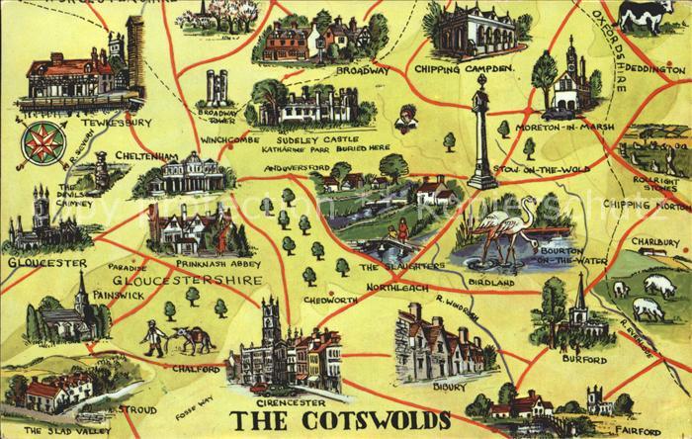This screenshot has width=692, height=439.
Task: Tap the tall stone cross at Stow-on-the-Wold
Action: (481, 132)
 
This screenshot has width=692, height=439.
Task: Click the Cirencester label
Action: (273, 401)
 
